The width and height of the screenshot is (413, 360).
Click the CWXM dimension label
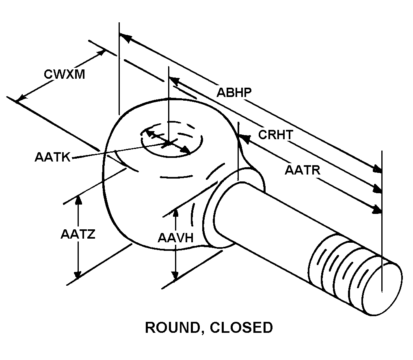coord(65,74)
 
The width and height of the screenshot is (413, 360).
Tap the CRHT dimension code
coord(275,134)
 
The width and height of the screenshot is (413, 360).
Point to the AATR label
coord(303,170)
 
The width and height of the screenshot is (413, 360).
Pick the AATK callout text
coord(52,157)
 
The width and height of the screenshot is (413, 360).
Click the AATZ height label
coord(78,234)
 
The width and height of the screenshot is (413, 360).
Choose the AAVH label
coord(175,237)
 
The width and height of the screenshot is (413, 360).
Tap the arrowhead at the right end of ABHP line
coord(377,168)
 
